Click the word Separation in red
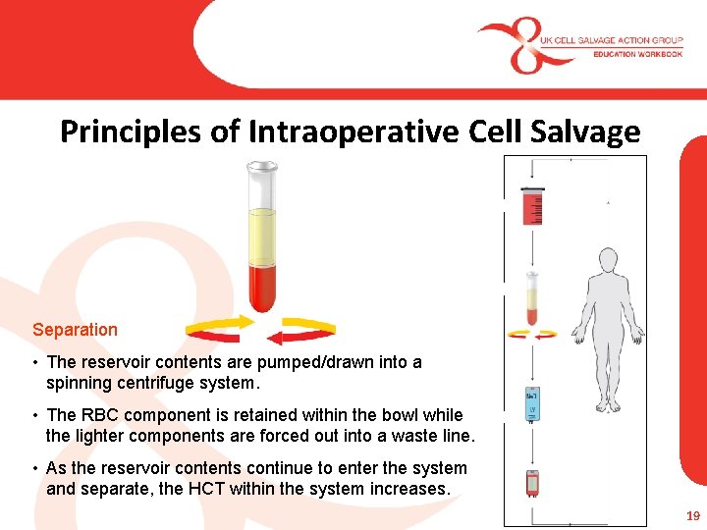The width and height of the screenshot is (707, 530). (75, 330)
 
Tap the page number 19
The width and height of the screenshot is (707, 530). (693, 514)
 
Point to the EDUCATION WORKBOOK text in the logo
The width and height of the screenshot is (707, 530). (637, 54)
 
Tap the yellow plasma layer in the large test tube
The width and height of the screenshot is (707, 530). (262, 236)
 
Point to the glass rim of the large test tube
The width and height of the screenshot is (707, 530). (262, 167)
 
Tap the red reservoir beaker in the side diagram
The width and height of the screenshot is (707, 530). (532, 206)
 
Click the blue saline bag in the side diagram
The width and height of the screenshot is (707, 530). (531, 402)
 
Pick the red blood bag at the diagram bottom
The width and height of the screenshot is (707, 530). (532, 483)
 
